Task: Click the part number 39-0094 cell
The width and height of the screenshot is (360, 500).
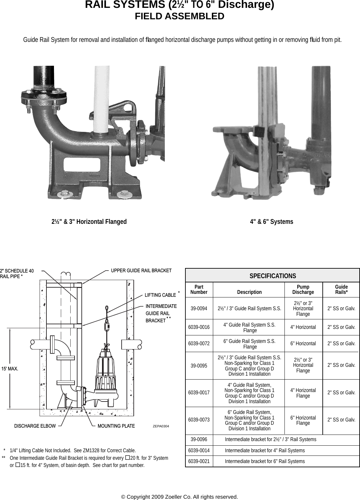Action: coord(199,309)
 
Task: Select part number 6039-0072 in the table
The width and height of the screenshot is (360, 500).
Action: coord(199,344)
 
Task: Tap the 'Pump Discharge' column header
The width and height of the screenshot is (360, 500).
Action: coord(303,290)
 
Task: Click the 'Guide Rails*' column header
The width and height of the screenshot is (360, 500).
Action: coord(341,290)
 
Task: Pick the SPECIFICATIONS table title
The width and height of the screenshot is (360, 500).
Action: coord(272,276)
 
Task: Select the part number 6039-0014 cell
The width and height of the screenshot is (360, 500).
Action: coord(199,451)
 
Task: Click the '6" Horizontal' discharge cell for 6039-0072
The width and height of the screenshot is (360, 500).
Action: coord(303,344)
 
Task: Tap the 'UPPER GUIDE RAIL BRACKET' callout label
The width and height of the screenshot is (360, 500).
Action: coord(141,271)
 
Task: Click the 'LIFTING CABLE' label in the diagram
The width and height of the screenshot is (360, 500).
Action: coord(160,295)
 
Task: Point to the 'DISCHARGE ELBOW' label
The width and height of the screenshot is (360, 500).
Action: coord(35,426)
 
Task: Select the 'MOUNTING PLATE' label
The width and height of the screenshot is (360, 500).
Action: coord(116,426)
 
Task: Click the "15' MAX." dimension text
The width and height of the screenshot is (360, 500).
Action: coord(10,369)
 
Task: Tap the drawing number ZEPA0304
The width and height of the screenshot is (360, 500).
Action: coord(161,426)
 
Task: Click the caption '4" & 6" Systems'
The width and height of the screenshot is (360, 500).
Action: coord(271,222)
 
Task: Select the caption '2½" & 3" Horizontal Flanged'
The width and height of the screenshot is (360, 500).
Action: coord(89,222)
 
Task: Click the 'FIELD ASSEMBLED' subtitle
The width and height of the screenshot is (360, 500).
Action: coord(180,16)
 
